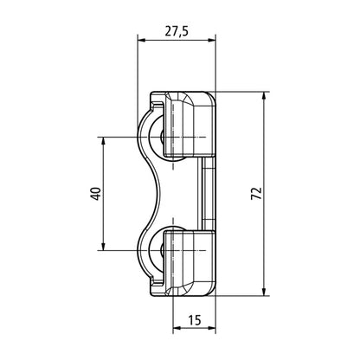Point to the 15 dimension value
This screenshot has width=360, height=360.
(193, 321)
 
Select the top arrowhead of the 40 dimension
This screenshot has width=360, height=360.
(104, 142)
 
